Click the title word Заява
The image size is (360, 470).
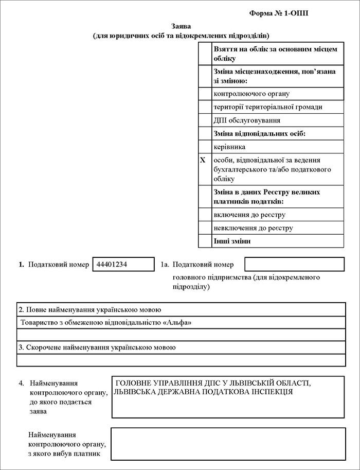(181, 26)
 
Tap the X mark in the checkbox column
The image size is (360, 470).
(203, 161)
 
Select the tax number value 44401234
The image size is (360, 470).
(112, 264)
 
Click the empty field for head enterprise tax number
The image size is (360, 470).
(294, 264)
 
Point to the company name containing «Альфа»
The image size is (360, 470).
(109, 323)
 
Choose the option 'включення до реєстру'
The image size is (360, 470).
(249, 214)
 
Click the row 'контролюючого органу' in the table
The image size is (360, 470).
(251, 94)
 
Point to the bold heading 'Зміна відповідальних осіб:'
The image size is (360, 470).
(260, 133)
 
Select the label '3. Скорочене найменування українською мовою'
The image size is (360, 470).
(97, 347)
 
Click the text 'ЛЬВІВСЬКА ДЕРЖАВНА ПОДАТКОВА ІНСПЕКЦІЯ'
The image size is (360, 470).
(204, 392)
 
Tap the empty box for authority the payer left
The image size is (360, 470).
(227, 444)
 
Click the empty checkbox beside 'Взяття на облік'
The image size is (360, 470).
(205, 54)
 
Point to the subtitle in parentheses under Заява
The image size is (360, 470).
(181, 36)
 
